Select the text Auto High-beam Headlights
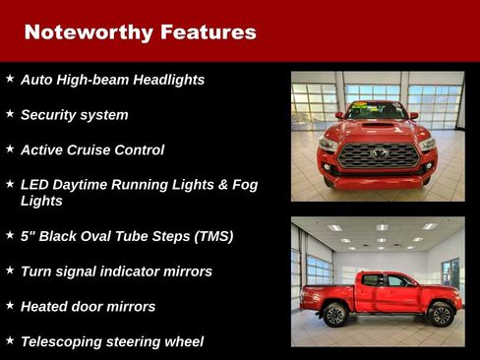point(112,80)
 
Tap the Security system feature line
point(74,115)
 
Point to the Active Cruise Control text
point(92,150)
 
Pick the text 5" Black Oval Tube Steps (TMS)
point(127,236)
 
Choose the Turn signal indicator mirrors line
point(116,271)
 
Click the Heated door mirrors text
point(88,307)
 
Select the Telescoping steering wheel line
point(112,342)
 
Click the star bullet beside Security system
point(10,114)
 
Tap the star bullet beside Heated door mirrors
point(10,306)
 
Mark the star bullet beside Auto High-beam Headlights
point(10,79)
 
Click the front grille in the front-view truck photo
point(378,155)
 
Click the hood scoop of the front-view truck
point(378,126)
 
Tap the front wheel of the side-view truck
point(439,315)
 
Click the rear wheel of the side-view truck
point(334,315)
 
